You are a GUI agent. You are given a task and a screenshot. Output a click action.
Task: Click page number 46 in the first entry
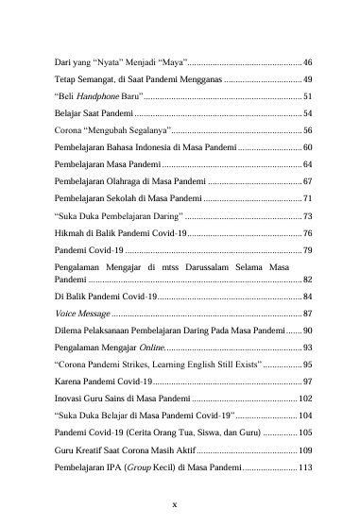(x=308, y=59)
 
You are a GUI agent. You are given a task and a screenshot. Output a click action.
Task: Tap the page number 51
(x=308, y=96)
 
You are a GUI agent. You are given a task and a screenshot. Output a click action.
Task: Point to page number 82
(x=308, y=280)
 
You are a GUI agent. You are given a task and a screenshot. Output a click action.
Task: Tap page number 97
(x=308, y=381)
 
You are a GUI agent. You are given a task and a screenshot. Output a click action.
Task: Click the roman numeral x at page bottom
(x=180, y=502)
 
